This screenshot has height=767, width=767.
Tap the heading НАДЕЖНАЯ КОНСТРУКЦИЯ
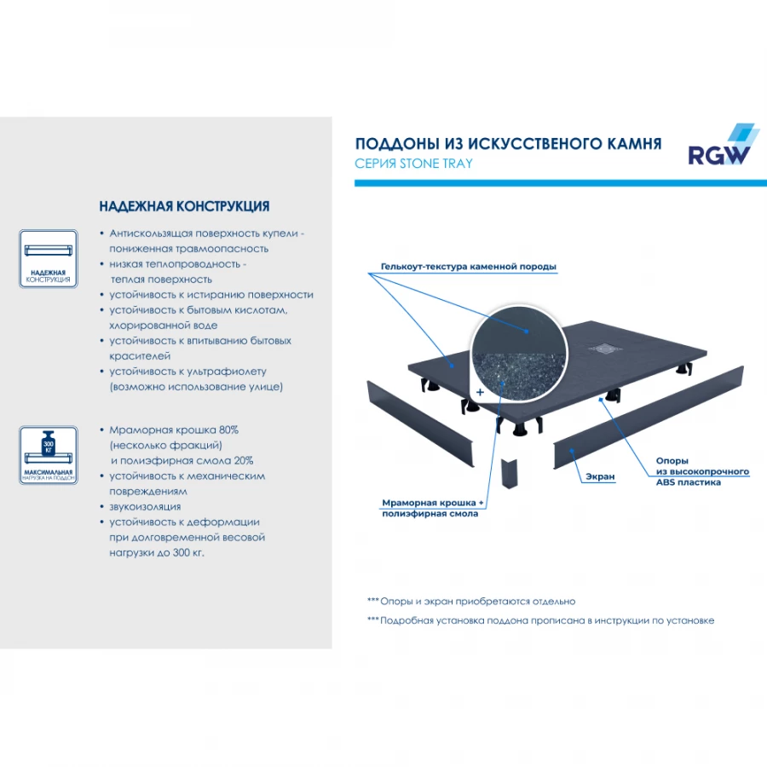[x=184, y=207]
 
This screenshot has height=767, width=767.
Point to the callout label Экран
[x=601, y=476]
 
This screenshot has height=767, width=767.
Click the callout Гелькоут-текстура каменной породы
[x=462, y=267]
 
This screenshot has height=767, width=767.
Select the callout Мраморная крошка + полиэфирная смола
[x=432, y=509]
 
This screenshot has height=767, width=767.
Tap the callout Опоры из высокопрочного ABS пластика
[x=701, y=471]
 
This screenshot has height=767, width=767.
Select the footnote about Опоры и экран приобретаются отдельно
[x=470, y=602]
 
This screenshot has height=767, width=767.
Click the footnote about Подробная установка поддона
[x=540, y=620]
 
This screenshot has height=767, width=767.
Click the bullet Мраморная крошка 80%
[x=174, y=430]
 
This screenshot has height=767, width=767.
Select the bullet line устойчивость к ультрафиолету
[x=187, y=372]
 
